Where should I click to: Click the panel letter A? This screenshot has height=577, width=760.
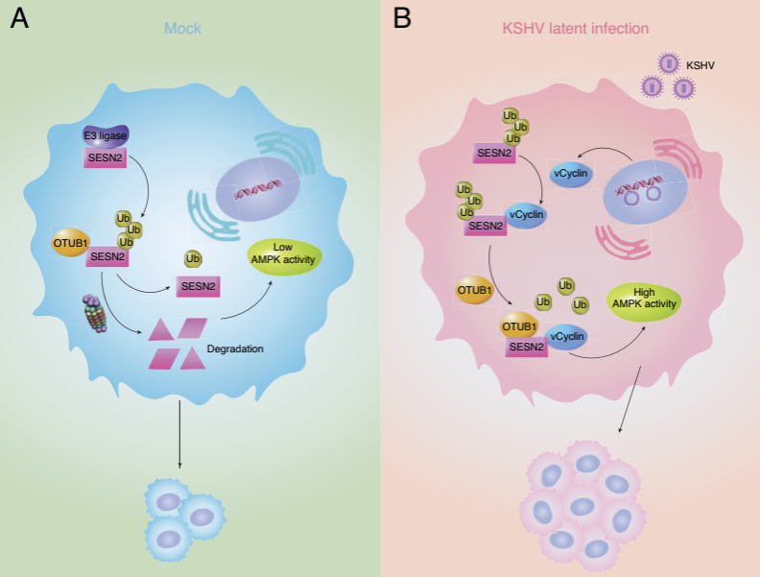19,18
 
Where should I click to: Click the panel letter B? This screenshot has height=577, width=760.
403,18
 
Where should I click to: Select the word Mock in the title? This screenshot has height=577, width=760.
182,29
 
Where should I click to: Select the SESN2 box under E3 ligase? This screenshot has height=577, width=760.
104,158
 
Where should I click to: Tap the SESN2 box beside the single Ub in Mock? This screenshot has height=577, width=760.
196,285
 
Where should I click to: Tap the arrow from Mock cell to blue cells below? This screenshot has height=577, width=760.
179,436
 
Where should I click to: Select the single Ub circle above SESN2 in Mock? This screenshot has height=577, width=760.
193,258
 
